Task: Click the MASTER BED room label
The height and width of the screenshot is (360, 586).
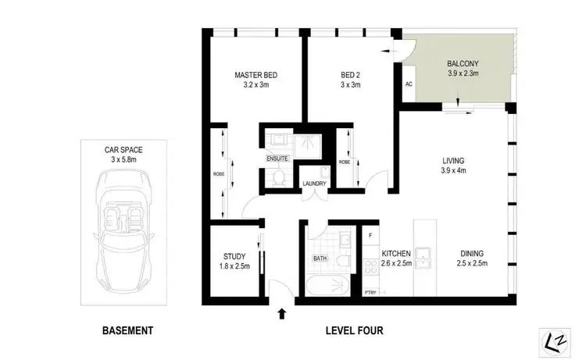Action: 256,76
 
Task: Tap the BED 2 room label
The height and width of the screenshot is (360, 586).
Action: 350,76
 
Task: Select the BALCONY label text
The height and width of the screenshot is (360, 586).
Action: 463,63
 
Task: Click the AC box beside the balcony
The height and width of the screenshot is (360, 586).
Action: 409,84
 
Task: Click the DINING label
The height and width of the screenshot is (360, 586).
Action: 472,253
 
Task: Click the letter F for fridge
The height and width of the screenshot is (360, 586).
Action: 370,234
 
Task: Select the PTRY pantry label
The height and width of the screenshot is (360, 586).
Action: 370,292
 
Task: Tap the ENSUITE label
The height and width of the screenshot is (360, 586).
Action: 277,159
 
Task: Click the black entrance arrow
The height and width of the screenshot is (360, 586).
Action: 280,314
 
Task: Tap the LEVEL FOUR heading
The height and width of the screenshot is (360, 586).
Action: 354,330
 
